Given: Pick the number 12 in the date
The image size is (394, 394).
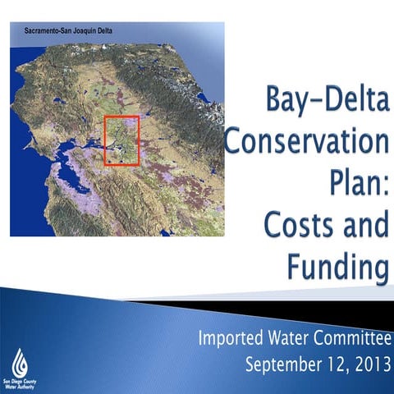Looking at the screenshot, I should (x=331, y=362).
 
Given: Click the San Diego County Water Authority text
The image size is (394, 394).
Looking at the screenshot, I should (x=21, y=383).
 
